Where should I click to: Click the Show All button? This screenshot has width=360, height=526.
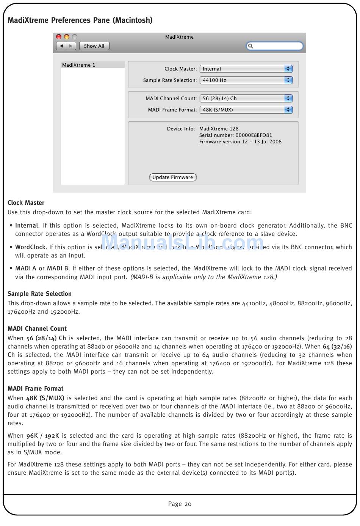(94, 46)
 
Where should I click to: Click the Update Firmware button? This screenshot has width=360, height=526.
(172, 177)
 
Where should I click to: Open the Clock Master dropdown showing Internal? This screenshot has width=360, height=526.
(246, 69)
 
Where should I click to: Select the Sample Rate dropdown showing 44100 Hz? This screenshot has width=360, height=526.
(246, 80)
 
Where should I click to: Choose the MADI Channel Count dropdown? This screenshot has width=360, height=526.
(246, 98)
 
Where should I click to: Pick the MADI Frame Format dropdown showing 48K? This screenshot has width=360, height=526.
(246, 110)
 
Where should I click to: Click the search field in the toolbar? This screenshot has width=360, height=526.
(275, 46)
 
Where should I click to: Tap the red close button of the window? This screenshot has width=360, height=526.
(59, 37)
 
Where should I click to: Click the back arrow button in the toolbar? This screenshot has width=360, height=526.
(61, 46)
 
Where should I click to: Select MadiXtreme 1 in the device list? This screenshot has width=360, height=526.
(79, 65)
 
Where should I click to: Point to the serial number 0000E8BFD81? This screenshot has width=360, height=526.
(254, 135)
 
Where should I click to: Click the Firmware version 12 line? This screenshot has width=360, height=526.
(240, 141)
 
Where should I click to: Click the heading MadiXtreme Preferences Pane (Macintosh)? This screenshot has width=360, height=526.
(80, 20)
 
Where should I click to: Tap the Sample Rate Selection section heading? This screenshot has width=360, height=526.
(39, 294)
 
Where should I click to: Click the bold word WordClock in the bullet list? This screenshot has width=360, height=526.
(30, 247)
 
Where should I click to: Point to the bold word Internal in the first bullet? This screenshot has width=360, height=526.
(27, 225)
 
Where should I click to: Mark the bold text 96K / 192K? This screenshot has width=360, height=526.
(42, 435)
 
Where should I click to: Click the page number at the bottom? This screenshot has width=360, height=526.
(180, 504)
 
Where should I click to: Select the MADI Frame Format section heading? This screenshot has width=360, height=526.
(36, 388)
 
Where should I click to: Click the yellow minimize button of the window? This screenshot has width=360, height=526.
(67, 37)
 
